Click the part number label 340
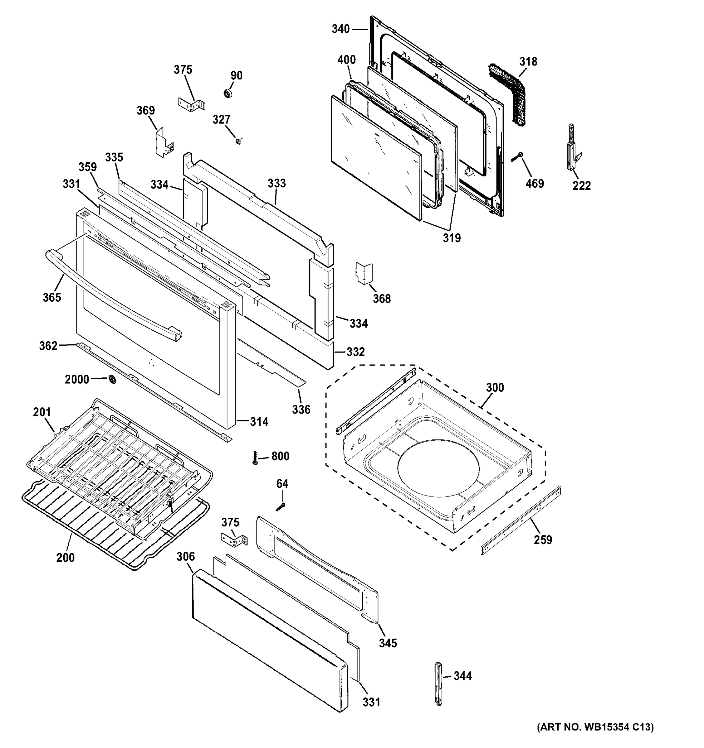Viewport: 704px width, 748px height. (x=340, y=29)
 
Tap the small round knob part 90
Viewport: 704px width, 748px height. (x=228, y=93)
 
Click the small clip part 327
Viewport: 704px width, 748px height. (x=238, y=141)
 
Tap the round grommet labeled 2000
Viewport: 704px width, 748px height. (x=112, y=379)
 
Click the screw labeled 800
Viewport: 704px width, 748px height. (x=255, y=458)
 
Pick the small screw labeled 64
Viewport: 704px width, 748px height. (x=280, y=507)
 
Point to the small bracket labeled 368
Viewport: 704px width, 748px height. (x=364, y=273)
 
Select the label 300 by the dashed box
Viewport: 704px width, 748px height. (x=495, y=387)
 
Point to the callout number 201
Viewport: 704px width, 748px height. (x=42, y=412)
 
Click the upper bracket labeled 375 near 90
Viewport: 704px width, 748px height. (x=191, y=103)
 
